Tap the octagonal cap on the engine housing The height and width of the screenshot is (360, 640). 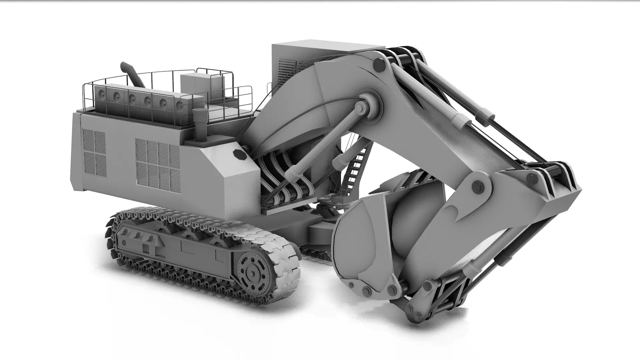pos(239,155)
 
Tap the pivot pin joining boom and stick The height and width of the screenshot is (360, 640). pos(477,187)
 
